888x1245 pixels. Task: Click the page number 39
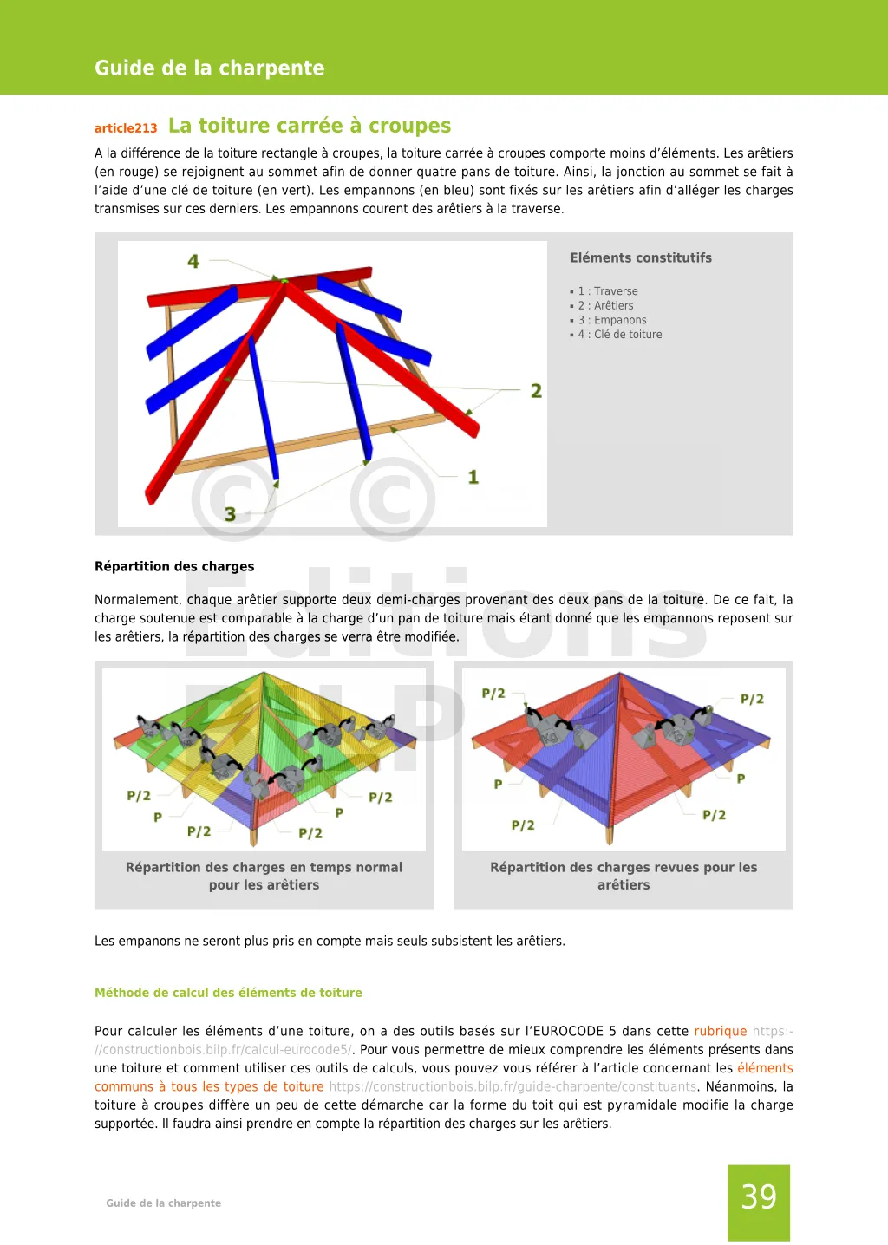pyautogui.click(x=759, y=1197)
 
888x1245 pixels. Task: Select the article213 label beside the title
pyautogui.click(x=126, y=128)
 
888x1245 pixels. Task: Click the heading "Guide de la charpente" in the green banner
pyautogui.click(x=209, y=68)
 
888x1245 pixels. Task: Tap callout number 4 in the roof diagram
pyautogui.click(x=193, y=261)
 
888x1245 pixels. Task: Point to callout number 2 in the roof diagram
pyautogui.click(x=536, y=391)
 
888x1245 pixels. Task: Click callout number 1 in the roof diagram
pyautogui.click(x=473, y=477)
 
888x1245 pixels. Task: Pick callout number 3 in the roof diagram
pyautogui.click(x=230, y=514)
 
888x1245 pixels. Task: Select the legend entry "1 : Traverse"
pyautogui.click(x=608, y=291)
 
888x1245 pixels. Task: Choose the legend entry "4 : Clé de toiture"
pyautogui.click(x=620, y=335)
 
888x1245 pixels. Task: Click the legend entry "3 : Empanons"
pyautogui.click(x=612, y=320)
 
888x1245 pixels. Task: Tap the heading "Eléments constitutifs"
pyautogui.click(x=641, y=257)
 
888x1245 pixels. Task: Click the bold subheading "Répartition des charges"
pyautogui.click(x=174, y=566)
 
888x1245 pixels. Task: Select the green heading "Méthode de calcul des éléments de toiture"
pyautogui.click(x=228, y=993)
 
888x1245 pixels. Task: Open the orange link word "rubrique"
pyautogui.click(x=720, y=1031)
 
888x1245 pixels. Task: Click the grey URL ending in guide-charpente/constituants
pyautogui.click(x=513, y=1086)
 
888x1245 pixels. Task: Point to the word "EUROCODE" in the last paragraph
pyautogui.click(x=568, y=1031)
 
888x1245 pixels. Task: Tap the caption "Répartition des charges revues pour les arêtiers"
pyautogui.click(x=624, y=876)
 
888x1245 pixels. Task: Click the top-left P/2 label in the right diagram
pyautogui.click(x=493, y=694)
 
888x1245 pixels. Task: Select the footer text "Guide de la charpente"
pyautogui.click(x=163, y=1203)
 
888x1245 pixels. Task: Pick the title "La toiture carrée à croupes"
pyautogui.click(x=310, y=126)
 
